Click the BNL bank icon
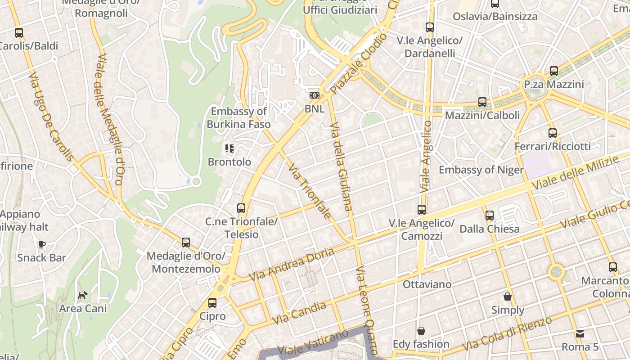pos(315,95)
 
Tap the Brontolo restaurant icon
pos(229,148)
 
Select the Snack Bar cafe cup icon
pos(42,244)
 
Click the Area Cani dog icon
pos(83,296)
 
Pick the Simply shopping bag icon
pos(508,297)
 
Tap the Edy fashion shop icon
pos(421,331)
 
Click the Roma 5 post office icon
pos(580,334)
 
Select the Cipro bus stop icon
pos(212,303)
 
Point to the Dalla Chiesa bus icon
pos(490,216)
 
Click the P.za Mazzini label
pos(554,85)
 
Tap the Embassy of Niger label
pos(481,170)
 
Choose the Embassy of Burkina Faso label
pos(238,118)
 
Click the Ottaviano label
pos(427,284)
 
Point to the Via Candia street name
pos(299,314)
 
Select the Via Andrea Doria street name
pos(292,264)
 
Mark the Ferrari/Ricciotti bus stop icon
pos(553,133)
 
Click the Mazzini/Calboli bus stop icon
pos(482,102)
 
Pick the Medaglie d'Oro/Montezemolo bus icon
pos(186,243)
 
